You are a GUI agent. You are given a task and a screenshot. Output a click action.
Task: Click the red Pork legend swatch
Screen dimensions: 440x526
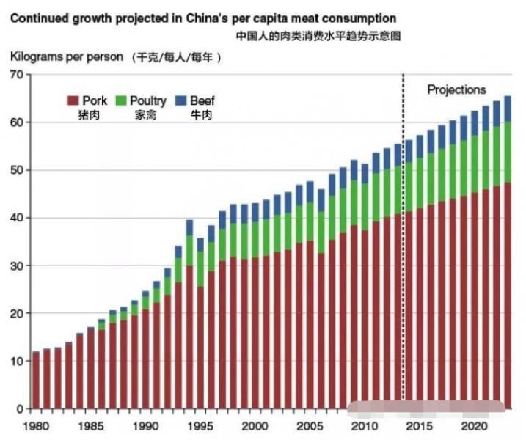pyautogui.click(x=73, y=100)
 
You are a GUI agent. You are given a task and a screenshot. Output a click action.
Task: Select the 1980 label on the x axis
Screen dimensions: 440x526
pyautogui.click(x=35, y=426)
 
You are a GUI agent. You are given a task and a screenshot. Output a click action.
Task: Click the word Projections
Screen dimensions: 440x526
pyautogui.click(x=456, y=89)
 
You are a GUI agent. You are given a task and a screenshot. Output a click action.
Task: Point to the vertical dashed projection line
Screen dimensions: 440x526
pyautogui.click(x=403, y=220)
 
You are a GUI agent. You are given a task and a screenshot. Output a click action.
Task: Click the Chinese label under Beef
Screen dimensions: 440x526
pyautogui.click(x=201, y=115)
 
